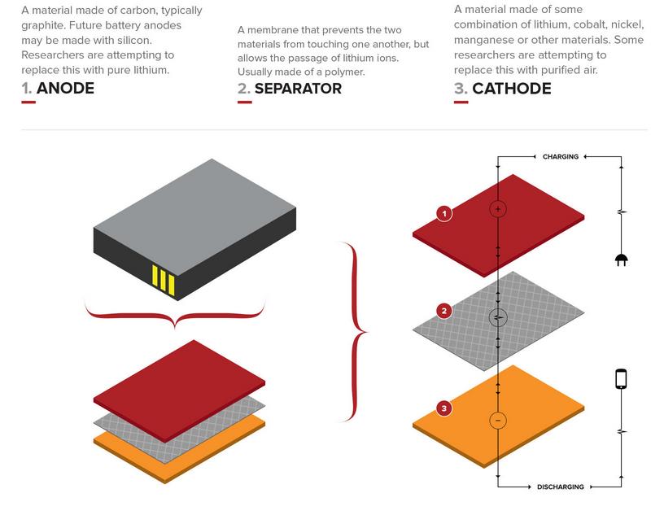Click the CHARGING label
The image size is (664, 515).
point(561,156)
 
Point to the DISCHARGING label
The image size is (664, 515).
point(561,487)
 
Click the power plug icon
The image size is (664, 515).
point(622,260)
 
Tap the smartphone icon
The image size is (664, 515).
point(621,379)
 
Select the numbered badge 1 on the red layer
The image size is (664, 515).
point(443,214)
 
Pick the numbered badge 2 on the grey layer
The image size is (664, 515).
point(443,311)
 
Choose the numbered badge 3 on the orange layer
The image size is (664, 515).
point(443,408)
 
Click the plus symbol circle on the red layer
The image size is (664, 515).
point(498,209)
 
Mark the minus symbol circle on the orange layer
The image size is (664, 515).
point(498,421)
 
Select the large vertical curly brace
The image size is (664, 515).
point(355,332)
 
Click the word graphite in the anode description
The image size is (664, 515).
point(43,25)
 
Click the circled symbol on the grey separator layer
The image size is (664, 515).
point(498,317)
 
